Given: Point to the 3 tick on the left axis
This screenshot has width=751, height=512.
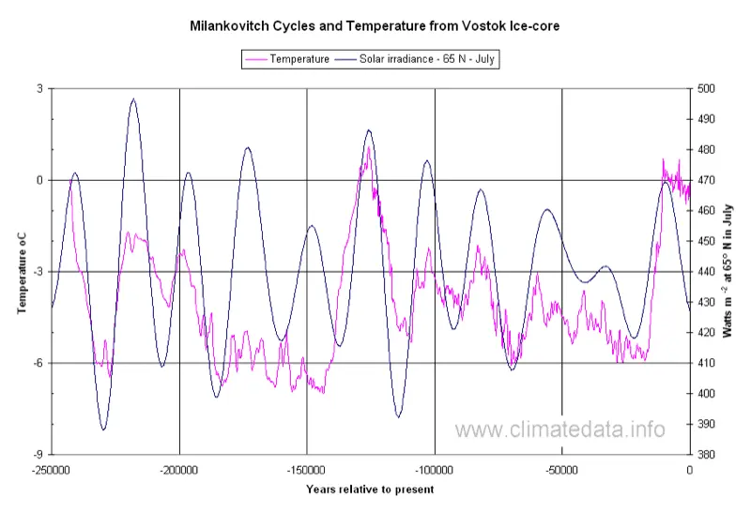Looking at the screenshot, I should tap(39, 88).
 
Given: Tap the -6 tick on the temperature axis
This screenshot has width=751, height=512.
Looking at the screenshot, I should tap(38, 364).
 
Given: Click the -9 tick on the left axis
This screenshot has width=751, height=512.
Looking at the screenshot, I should tap(38, 455).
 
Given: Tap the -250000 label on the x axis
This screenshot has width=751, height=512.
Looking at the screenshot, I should tap(52, 469).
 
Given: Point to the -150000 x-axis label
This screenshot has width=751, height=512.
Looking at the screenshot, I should tap(307, 469).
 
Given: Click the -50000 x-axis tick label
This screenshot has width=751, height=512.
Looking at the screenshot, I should tap(561, 469).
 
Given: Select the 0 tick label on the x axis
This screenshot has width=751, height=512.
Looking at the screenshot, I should tap(690, 469).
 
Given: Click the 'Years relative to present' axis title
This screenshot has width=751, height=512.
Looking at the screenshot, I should tap(370, 489).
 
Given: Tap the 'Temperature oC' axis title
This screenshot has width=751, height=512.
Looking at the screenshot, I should tap(21, 272).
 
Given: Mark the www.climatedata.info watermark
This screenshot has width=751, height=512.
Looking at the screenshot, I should tap(561, 429).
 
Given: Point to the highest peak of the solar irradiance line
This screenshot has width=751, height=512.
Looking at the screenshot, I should tap(133, 98).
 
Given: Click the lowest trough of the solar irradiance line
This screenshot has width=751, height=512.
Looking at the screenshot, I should tap(103, 429).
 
